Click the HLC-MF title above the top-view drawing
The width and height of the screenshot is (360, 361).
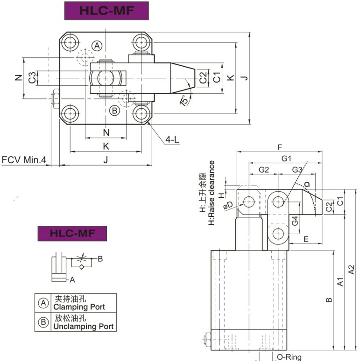pyautogui.click(x=106, y=11)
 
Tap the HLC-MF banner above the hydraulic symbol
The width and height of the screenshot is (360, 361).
pyautogui.click(x=72, y=233)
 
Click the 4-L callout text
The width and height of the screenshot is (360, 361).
pyautogui.click(x=172, y=139)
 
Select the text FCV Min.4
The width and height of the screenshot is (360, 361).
pyautogui.click(x=24, y=160)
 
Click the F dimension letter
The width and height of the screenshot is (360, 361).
pyautogui.click(x=280, y=147)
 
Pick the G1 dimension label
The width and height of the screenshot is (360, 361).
pyautogui.click(x=286, y=159)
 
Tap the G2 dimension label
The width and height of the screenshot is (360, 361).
pyautogui.click(x=264, y=169)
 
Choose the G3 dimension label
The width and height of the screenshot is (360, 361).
pyautogui.click(x=297, y=169)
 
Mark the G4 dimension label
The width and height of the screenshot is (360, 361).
pyautogui.click(x=295, y=221)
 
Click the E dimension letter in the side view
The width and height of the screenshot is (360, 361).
pyautogui.click(x=306, y=239)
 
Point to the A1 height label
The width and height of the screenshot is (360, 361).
pyautogui.click(x=341, y=282)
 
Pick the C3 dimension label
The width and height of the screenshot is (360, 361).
pyautogui.click(x=31, y=77)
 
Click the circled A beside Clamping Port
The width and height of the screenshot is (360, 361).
pyautogui.click(x=43, y=303)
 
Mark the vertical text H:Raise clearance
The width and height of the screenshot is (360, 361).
pyautogui.click(x=212, y=193)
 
